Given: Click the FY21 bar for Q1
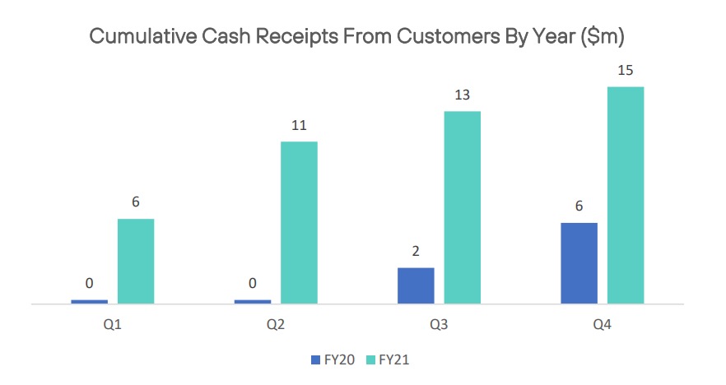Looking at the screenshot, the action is pos(136,261).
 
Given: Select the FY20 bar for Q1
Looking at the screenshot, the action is pos(90,302).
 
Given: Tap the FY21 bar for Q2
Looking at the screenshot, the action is pos(299,223).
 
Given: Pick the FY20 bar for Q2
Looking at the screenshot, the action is pos(253,302).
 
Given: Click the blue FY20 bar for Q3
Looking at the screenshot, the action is pos(416,285).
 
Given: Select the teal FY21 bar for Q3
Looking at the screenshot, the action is pos(462,207).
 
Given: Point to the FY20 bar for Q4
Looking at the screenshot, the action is pos(579,263).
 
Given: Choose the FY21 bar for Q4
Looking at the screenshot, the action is pos(626,195).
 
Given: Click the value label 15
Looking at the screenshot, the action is pos(625,71).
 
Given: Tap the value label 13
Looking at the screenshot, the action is pos(462,95).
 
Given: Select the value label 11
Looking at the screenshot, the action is pos(299,125).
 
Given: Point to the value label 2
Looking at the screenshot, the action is pos(416,251).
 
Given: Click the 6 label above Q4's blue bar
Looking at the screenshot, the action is pos(579,206).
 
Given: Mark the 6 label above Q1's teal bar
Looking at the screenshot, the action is pos(136,202).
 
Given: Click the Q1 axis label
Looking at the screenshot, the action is pos(113,324).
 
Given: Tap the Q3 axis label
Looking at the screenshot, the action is pos(439,324).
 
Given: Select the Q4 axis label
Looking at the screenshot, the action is pos(602,324).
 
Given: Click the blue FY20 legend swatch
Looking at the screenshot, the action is pos(316,360).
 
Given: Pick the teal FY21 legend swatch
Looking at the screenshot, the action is pos(370,360).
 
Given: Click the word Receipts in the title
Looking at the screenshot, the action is pos(297,36).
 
